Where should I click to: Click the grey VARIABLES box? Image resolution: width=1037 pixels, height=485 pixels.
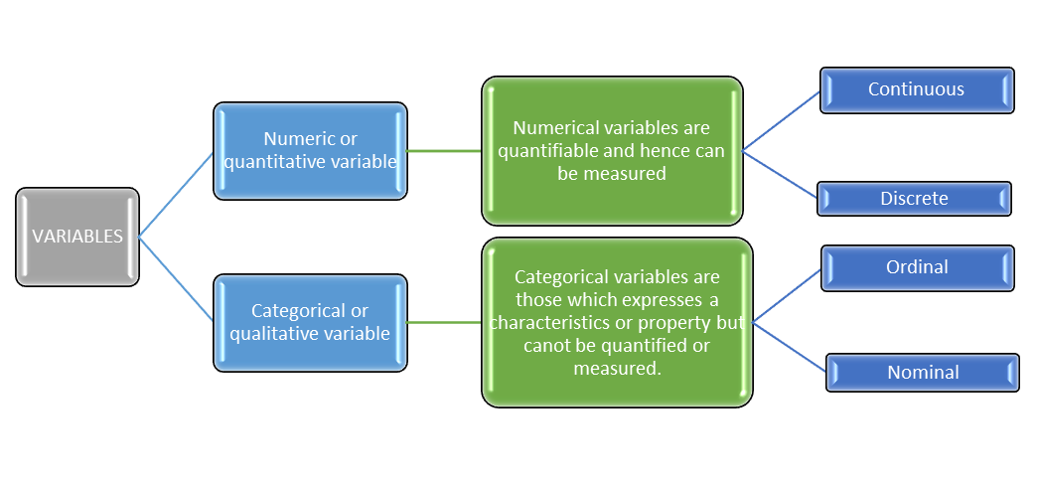click(77, 237)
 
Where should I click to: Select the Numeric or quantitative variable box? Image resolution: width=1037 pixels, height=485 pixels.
click(310, 151)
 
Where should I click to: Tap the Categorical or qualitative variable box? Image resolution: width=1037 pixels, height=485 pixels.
click(310, 323)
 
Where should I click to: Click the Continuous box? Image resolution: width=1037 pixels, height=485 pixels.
click(916, 89)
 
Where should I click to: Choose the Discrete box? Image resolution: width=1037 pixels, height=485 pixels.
click(914, 199)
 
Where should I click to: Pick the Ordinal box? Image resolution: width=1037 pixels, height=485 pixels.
click(917, 267)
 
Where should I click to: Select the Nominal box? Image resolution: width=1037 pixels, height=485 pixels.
click(923, 373)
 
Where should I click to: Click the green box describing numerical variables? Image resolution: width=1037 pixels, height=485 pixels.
click(612, 151)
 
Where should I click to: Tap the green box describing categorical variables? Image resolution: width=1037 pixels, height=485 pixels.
click(617, 323)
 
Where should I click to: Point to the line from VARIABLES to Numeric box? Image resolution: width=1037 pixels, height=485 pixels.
click(176, 195)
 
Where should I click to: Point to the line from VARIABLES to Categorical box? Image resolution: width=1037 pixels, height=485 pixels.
click(176, 279)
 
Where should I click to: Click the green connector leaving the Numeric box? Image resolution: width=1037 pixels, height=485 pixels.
click(444, 151)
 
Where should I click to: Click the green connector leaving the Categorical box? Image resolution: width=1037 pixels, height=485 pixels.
click(444, 322)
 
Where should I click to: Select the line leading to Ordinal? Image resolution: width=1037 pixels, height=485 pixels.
click(788, 295)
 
